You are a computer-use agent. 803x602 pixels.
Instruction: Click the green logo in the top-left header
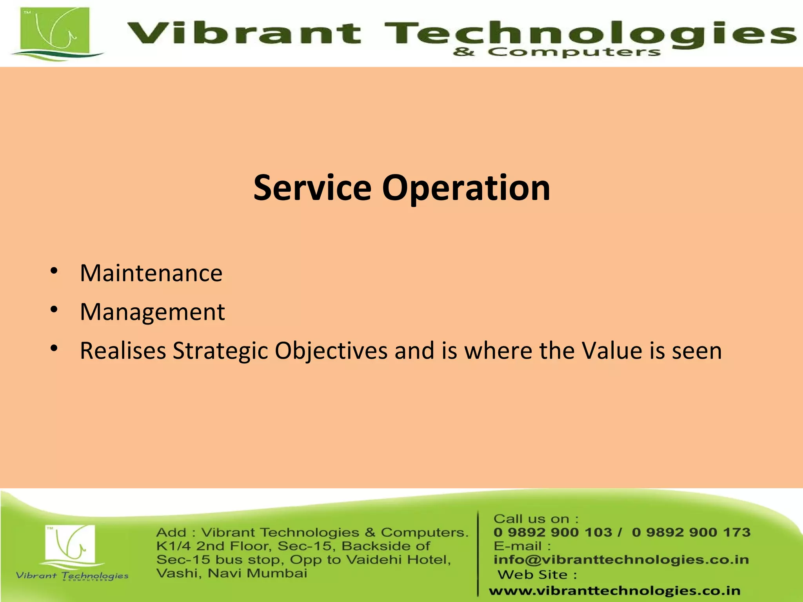coord(55,33)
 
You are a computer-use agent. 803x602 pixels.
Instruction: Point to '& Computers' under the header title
coord(557,52)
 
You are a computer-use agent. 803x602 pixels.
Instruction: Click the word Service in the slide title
coord(312,188)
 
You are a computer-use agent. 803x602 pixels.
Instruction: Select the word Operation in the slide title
coord(466,189)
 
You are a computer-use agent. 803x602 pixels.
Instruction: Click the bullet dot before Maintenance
coord(54,271)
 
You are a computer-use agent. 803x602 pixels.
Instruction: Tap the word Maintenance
coord(151,273)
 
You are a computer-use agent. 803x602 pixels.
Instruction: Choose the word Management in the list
coord(152,312)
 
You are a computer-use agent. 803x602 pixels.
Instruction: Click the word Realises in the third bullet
coord(123,351)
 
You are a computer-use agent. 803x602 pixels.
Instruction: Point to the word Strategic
coord(220,351)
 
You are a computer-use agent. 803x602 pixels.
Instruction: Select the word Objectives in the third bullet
coord(331,351)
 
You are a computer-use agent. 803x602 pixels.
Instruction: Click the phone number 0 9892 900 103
coord(553,532)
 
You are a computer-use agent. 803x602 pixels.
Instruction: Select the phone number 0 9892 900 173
coord(691,532)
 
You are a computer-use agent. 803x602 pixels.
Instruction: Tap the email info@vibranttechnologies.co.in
coord(621,560)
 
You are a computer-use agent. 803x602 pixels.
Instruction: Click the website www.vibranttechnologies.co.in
coord(614,591)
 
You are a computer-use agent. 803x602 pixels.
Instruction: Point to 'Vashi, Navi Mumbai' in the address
coord(231,573)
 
